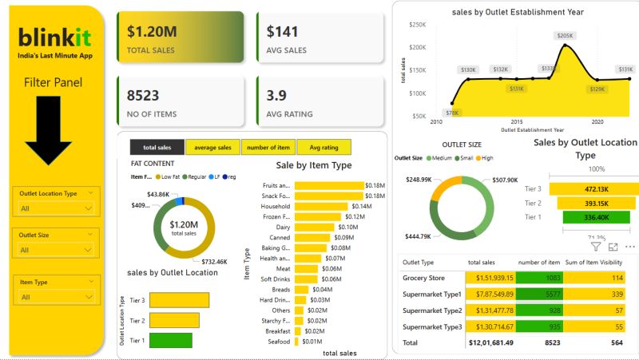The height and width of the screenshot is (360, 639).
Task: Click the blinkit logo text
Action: (54, 37)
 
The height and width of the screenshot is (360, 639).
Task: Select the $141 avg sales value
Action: (281, 31)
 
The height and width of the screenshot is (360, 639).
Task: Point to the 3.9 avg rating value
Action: (276, 95)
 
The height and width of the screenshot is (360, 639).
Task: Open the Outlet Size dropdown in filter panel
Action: (57, 250)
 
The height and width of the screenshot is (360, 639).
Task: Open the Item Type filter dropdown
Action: (57, 297)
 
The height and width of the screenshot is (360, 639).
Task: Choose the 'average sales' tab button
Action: (212, 147)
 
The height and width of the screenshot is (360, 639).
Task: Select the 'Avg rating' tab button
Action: (323, 147)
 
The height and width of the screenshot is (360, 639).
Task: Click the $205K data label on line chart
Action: (565, 36)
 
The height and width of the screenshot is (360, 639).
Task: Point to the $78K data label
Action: (452, 113)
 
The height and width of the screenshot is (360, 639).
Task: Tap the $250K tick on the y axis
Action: (418, 25)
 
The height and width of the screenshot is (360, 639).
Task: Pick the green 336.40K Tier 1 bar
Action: (585, 216)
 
